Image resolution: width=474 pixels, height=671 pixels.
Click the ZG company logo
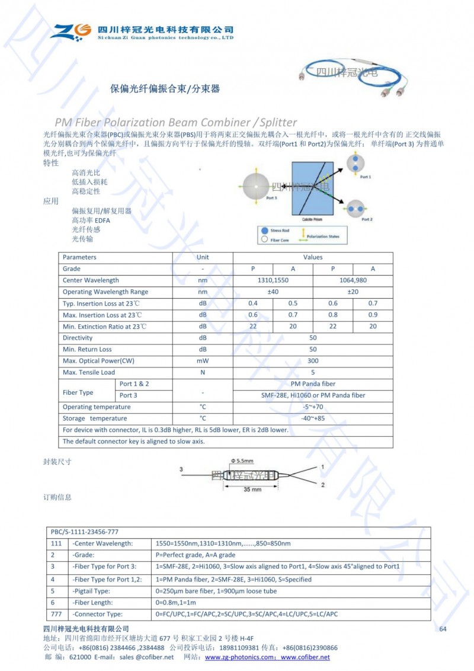(x=71, y=31)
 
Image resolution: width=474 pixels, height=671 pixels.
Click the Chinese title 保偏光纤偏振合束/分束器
(x=165, y=89)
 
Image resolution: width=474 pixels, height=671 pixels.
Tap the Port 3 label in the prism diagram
(x=271, y=198)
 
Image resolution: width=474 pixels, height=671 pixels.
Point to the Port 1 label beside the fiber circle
(x=366, y=177)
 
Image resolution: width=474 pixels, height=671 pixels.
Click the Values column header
(x=313, y=257)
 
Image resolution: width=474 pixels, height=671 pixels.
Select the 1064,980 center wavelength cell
(x=353, y=280)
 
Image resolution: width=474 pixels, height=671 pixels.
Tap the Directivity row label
(x=78, y=338)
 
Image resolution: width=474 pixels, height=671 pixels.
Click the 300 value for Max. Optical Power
(x=313, y=360)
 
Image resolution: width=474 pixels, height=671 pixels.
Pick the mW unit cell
(x=203, y=360)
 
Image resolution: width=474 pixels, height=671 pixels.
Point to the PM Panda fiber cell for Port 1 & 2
(x=313, y=384)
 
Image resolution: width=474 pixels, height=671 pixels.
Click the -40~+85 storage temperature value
(x=313, y=418)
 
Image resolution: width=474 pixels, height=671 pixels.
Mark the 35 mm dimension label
(x=252, y=490)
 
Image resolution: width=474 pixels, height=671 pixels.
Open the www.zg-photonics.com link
(x=241, y=657)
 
